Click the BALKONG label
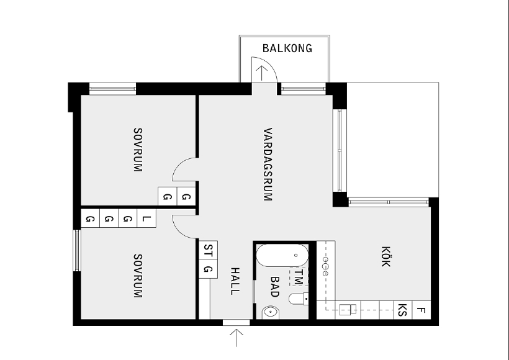(x=287, y=48)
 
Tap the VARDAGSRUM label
(x=268, y=164)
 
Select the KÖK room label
(x=385, y=256)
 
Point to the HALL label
(x=235, y=281)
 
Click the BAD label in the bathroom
(x=274, y=287)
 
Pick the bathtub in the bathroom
(x=282, y=255)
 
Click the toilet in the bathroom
(x=299, y=299)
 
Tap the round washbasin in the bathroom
(x=271, y=312)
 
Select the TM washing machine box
(x=299, y=276)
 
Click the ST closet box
(x=208, y=250)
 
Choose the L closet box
(x=146, y=218)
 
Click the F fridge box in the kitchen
(x=421, y=310)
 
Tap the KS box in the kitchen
(x=402, y=310)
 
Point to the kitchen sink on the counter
(x=348, y=309)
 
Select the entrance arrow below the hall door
(x=236, y=338)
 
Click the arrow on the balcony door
(x=262, y=73)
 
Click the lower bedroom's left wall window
(x=76, y=250)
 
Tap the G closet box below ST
(x=208, y=269)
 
